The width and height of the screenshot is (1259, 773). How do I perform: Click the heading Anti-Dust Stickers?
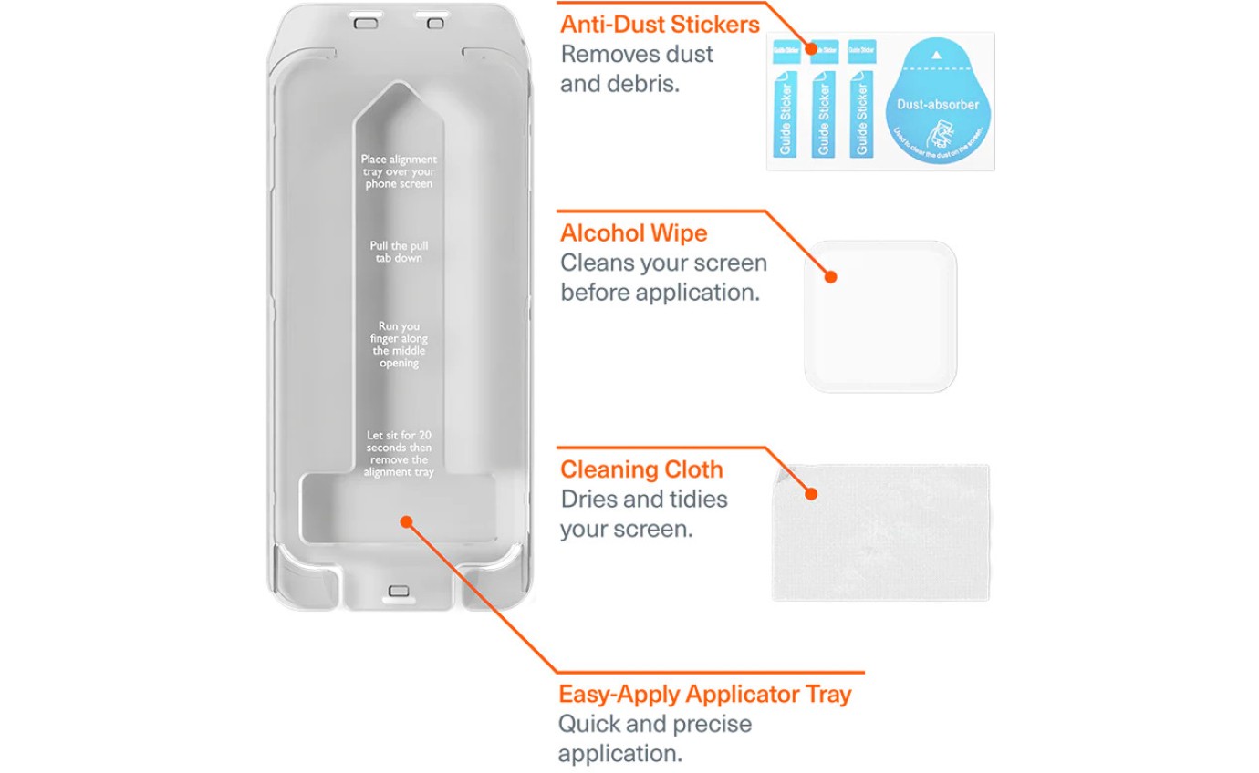coord(660,24)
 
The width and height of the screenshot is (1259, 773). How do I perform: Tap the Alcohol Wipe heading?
coord(633,233)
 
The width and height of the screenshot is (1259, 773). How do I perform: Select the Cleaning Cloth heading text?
coord(641,470)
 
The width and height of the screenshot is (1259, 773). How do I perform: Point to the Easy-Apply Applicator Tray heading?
coord(704,695)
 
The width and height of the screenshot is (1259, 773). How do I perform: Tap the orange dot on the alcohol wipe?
coord(831,276)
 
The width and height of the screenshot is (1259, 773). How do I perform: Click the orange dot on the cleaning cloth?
coord(810,494)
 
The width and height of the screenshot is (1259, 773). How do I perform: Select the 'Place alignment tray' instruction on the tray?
coord(399,171)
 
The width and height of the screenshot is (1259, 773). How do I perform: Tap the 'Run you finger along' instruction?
coord(399,344)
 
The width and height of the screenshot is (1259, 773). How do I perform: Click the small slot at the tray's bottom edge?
coord(399,591)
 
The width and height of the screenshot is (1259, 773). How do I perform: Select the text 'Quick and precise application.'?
coord(655,739)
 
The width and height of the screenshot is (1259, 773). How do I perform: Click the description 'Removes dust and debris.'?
coord(637,68)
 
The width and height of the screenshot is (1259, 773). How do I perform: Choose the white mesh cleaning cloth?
coord(880,533)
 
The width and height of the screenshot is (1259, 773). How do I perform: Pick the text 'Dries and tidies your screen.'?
coord(643,514)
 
